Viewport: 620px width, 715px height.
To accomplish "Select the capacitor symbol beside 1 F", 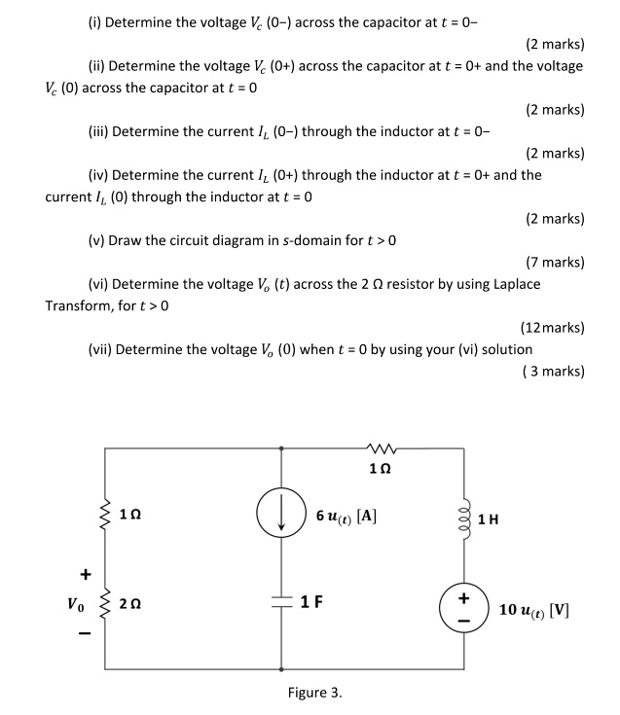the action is point(281,601).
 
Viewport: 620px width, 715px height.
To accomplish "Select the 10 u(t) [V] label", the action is point(534,611).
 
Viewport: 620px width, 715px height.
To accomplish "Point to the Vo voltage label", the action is point(76,604).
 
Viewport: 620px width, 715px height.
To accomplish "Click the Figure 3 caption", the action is point(314,694).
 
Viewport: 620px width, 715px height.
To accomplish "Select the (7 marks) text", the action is point(554,262).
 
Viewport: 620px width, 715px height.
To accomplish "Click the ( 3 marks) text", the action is point(553,371).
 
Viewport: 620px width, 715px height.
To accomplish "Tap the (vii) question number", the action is point(100,348).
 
